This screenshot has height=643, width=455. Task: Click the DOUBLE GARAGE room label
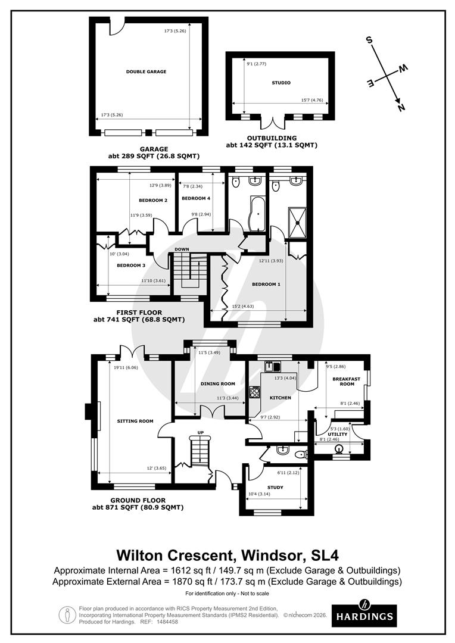(146, 72)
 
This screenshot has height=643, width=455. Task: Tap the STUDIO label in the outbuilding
(281, 83)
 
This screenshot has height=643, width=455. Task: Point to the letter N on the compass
(401, 107)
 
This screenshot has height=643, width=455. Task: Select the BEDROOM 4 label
(196, 198)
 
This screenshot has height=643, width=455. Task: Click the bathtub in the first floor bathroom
(258, 214)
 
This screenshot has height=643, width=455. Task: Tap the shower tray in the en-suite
(297, 223)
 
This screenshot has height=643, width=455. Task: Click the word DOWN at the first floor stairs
(182, 249)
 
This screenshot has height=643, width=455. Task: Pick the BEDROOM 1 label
(266, 284)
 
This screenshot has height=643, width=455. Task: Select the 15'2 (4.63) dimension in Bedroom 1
(244, 306)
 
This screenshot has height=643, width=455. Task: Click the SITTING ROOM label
(135, 421)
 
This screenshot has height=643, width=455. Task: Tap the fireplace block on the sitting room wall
(88, 412)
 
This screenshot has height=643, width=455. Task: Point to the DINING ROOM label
(218, 384)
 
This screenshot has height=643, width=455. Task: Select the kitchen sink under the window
(272, 366)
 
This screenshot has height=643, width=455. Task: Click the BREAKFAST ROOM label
(347, 382)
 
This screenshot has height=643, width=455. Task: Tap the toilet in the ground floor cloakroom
(302, 454)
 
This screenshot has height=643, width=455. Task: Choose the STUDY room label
(275, 488)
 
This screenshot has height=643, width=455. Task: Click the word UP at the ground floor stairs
(201, 433)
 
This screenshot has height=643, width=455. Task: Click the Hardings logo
(364, 615)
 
